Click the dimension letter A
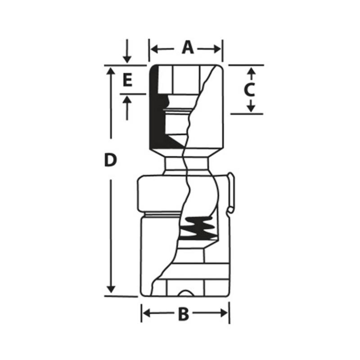coord(188,47)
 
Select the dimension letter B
coord(183,314)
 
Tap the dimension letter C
coord(249,90)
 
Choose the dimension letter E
coord(127,81)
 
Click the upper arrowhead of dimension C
coord(252,71)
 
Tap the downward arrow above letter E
coord(127,59)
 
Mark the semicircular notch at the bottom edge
coord(184,293)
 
